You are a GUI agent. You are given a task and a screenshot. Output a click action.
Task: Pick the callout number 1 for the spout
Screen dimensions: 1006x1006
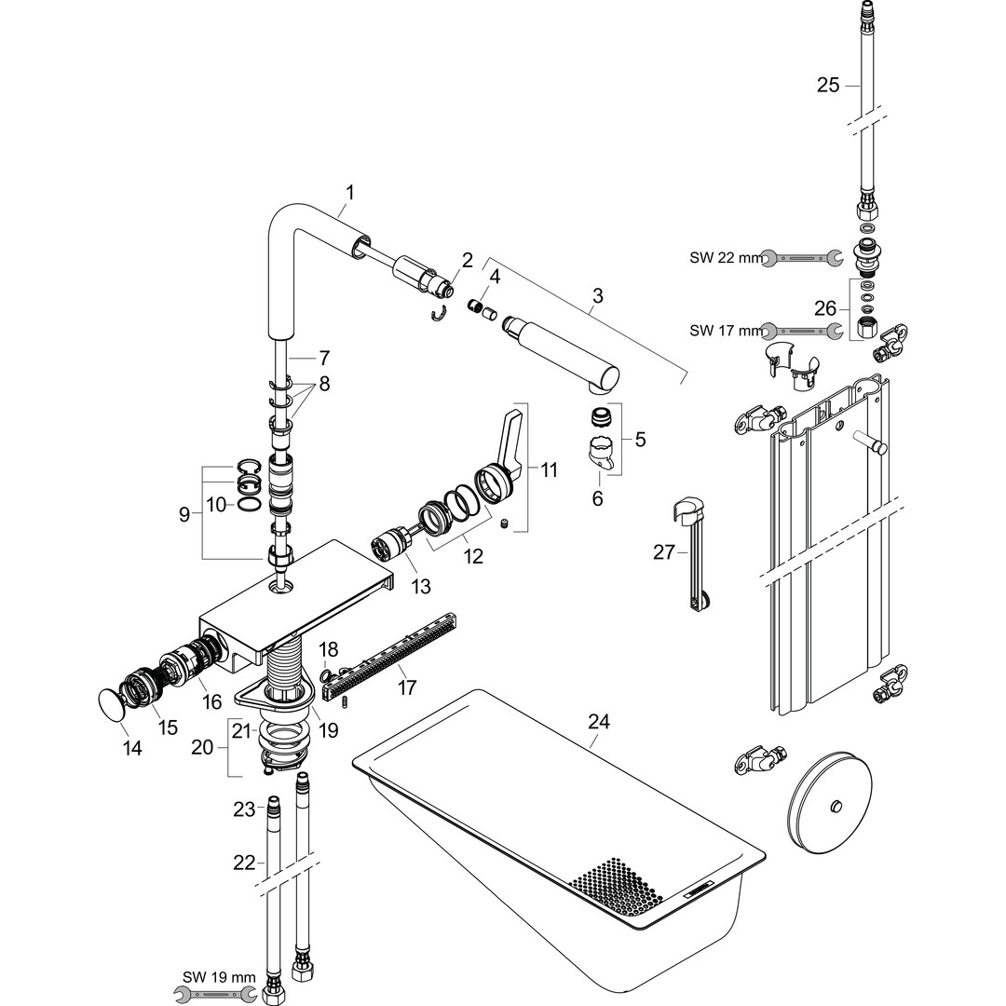click(x=350, y=193)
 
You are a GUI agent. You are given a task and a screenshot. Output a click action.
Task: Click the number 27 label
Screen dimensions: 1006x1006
click(x=664, y=551)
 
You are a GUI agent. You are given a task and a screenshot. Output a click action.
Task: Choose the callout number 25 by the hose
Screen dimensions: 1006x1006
click(x=828, y=86)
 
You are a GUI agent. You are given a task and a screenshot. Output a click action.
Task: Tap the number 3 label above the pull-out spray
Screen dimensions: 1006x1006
click(x=597, y=296)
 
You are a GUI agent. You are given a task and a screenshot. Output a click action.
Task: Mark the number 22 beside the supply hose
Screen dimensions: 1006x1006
click(x=244, y=863)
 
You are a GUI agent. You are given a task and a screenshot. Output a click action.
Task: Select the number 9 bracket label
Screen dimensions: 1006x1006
click(x=184, y=513)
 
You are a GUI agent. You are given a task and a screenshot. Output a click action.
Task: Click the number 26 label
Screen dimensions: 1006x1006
click(x=825, y=307)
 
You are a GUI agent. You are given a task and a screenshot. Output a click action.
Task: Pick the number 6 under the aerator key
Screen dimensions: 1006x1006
click(x=597, y=498)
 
